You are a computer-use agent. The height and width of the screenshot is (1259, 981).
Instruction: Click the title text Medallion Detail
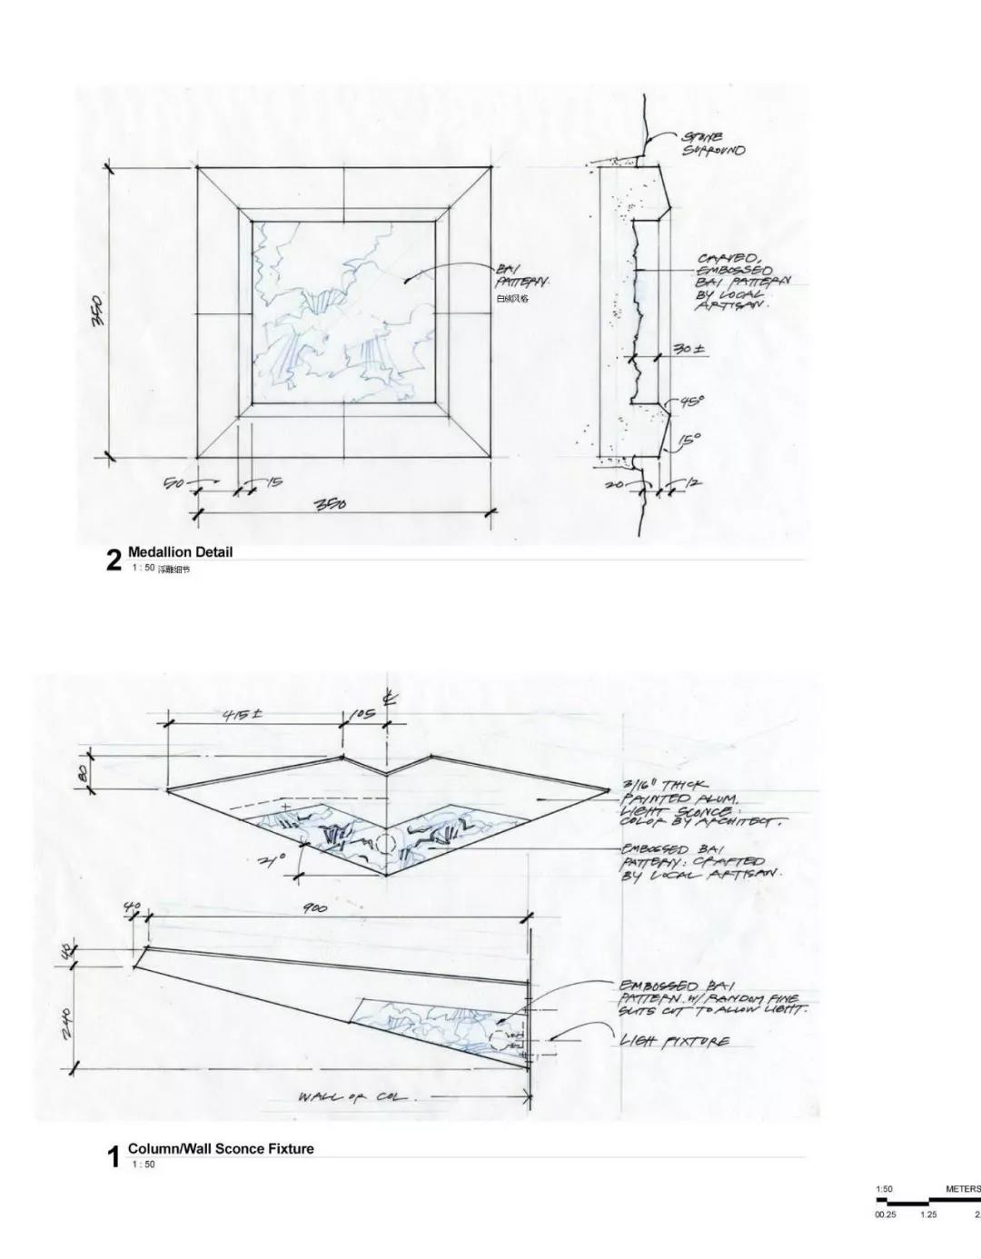tap(180, 551)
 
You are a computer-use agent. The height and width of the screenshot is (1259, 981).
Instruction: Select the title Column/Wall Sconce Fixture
tap(221, 1148)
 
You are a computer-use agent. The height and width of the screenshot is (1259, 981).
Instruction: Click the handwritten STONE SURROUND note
tap(713, 144)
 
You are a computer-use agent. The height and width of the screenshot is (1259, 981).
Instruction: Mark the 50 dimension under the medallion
tap(174, 483)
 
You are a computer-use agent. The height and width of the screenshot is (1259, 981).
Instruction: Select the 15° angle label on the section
tap(691, 440)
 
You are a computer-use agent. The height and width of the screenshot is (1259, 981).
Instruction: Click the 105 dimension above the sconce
tap(363, 715)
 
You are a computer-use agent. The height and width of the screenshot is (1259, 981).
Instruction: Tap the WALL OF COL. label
tap(355, 1097)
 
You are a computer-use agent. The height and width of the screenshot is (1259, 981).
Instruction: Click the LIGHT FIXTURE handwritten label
tap(674, 1041)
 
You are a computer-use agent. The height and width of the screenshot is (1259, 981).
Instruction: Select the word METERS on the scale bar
tap(962, 1188)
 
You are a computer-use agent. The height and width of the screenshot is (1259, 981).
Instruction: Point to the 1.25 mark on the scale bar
tap(927, 1214)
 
